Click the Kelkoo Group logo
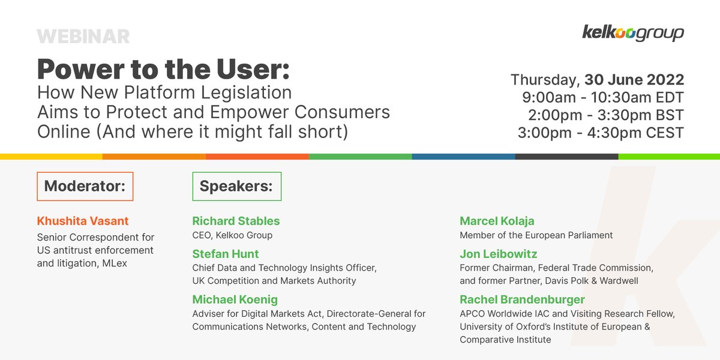click(632, 32)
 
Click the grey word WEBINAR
click(83, 37)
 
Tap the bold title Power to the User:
click(163, 69)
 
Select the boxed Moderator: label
click(85, 186)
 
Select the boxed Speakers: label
click(236, 186)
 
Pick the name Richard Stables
click(236, 221)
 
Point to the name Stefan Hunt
click(226, 254)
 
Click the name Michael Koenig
click(235, 299)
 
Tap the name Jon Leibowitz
click(499, 254)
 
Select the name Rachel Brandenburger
click(522, 299)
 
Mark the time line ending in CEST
click(601, 133)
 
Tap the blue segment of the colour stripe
click(463, 157)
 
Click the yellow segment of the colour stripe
click(51, 157)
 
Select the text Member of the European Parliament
click(536, 235)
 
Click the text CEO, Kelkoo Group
click(232, 235)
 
